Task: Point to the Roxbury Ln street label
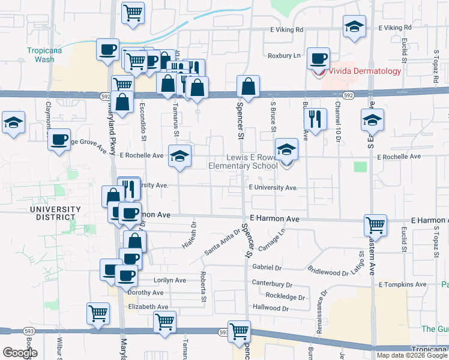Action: click(x=285, y=56)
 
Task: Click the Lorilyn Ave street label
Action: click(x=155, y=280)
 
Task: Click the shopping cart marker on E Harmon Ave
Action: click(x=375, y=225)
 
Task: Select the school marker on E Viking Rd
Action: click(x=354, y=26)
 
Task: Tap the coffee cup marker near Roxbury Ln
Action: click(x=318, y=58)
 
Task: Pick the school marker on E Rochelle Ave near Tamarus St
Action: click(x=179, y=155)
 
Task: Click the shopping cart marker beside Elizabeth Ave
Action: click(x=98, y=313)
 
